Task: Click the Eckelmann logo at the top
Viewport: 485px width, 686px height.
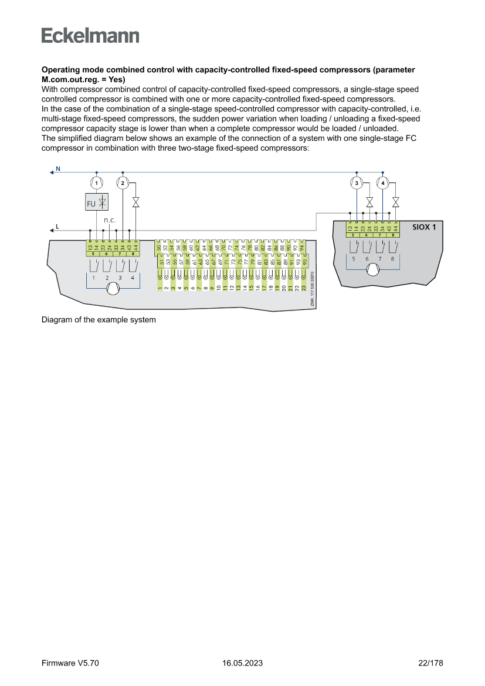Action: click(90, 36)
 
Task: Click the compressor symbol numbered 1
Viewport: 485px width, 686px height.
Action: click(96, 183)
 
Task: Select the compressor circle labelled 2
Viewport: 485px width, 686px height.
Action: click(122, 183)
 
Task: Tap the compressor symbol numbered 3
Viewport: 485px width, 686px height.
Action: click(357, 183)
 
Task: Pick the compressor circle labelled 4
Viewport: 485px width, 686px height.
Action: click(383, 183)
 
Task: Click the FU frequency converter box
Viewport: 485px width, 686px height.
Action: click(96, 203)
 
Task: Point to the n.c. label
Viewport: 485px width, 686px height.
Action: click(110, 220)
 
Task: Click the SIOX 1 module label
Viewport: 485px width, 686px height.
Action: click(423, 227)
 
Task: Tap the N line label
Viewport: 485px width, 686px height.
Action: click(57, 169)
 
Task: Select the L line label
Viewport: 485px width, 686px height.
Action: click(57, 226)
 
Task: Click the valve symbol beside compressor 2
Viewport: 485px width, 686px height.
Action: click(136, 202)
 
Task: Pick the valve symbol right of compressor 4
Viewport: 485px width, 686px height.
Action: click(396, 202)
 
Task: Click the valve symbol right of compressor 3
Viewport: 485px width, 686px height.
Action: click(370, 202)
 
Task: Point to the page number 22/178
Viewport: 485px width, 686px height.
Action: click(430, 663)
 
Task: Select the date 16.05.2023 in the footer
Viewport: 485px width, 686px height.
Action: click(242, 663)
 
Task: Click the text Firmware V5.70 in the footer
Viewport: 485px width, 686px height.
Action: click(70, 663)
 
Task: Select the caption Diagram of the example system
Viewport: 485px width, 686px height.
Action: click(99, 320)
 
